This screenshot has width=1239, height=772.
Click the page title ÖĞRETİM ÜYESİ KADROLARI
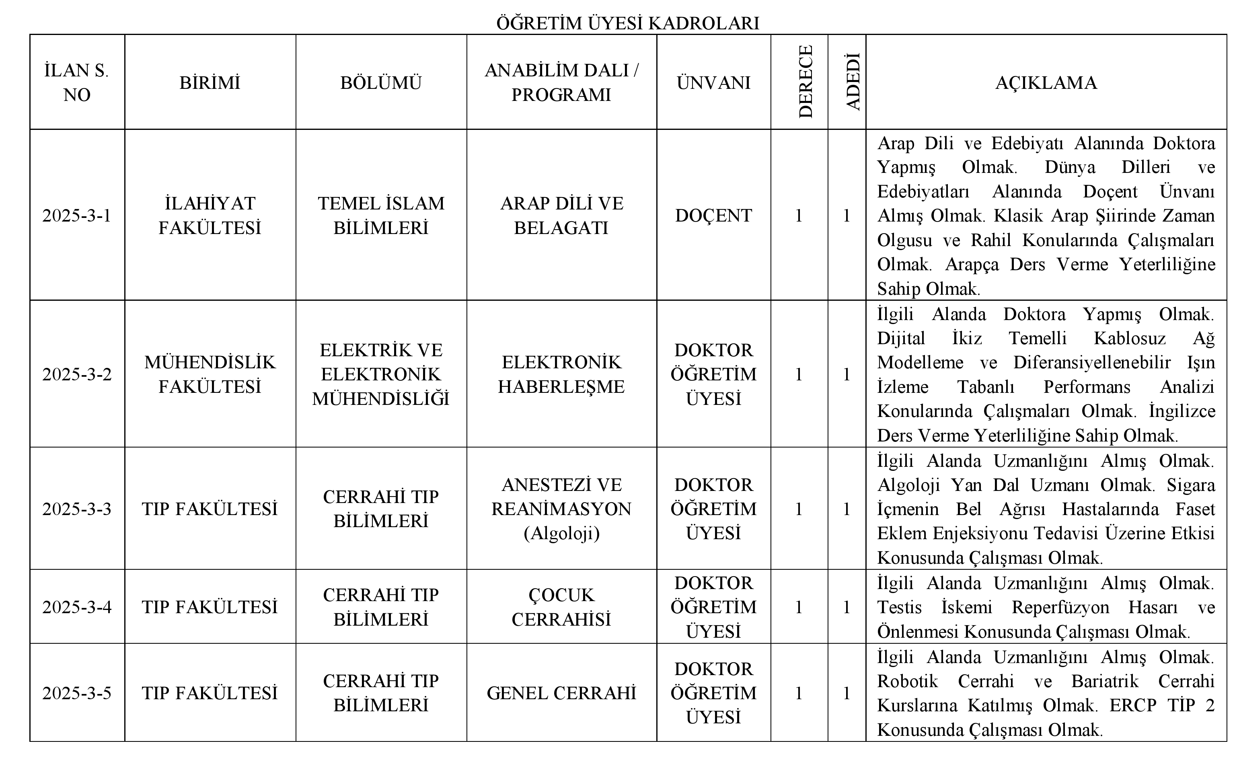click(627, 23)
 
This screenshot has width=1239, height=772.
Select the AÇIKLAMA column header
click(1046, 82)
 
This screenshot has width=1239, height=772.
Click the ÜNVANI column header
click(713, 82)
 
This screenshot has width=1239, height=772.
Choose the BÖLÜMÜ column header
click(381, 82)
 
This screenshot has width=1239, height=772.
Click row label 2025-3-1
click(76, 216)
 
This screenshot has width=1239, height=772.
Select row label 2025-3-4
click(76, 607)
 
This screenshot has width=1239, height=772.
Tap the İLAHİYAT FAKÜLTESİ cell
click(210, 216)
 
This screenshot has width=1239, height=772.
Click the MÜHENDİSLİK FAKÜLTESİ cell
click(210, 374)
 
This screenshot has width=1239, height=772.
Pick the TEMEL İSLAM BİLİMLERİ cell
click(381, 216)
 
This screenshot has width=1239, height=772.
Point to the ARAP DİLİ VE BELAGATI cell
click(561, 216)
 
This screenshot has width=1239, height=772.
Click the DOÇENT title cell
click(713, 216)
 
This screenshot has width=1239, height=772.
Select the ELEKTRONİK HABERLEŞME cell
click(561, 374)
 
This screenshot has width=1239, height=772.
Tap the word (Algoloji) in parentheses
click(561, 533)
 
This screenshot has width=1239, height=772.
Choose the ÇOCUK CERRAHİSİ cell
click(561, 607)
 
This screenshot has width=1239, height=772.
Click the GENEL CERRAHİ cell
click(561, 693)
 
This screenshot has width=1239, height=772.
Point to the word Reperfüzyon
click(1060, 607)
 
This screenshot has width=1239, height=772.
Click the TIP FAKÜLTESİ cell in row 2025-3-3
click(210, 509)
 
